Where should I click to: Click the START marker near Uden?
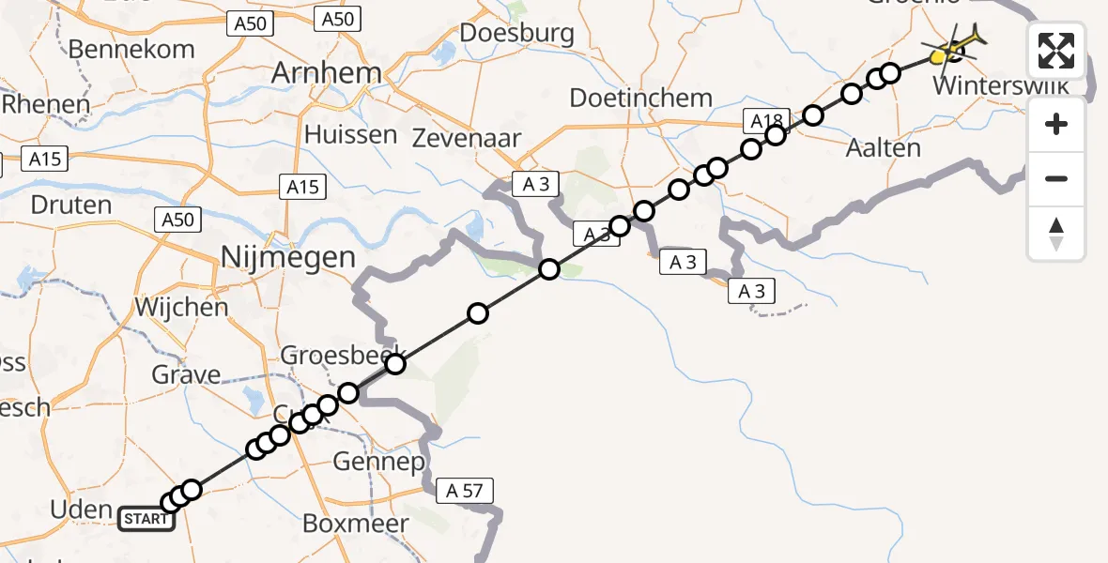(x=146, y=519)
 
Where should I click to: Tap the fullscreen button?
(x=1056, y=51)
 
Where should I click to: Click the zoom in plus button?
(x=1056, y=124)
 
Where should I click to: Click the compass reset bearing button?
(x=1056, y=234)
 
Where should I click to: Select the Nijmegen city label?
(x=287, y=257)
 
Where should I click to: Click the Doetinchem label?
(x=641, y=98)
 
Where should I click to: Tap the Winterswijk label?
(x=1002, y=86)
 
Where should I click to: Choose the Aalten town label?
(x=883, y=147)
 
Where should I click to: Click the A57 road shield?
(x=464, y=490)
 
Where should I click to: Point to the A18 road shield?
(x=766, y=120)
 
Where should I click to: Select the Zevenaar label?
(x=467, y=138)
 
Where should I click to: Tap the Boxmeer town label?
(x=356, y=524)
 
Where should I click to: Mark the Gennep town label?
(x=379, y=462)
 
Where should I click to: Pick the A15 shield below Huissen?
(x=302, y=188)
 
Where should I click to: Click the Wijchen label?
(x=181, y=307)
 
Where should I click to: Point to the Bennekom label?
(x=145, y=49)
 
